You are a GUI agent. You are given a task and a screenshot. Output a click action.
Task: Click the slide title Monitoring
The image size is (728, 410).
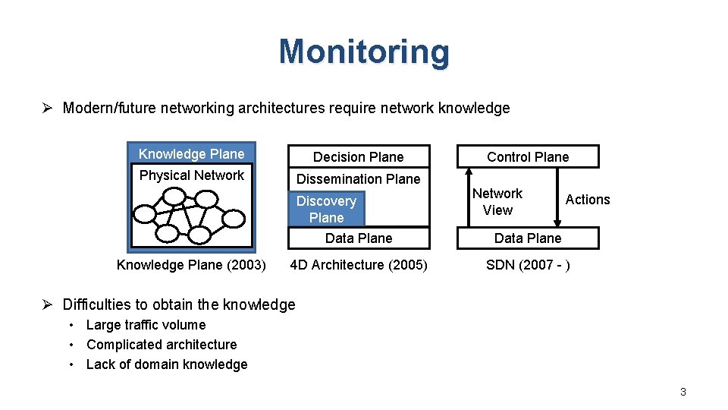[364, 52]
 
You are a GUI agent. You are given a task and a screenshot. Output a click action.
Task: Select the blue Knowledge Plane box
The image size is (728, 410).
[192, 153]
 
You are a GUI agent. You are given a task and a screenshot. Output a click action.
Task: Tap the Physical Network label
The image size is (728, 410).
[192, 175]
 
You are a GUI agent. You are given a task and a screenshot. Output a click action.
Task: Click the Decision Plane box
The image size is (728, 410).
[359, 157]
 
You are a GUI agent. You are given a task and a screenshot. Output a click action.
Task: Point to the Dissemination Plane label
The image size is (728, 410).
[358, 179]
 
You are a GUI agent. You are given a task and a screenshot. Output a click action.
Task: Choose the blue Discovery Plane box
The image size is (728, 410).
[327, 209]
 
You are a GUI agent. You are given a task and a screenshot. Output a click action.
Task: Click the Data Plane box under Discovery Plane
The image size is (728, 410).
[359, 238]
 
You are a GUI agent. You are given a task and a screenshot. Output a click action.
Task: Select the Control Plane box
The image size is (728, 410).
[528, 157]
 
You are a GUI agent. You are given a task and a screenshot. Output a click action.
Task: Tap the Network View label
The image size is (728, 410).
[497, 202]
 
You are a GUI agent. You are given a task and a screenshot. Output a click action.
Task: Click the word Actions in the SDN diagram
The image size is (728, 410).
[588, 200]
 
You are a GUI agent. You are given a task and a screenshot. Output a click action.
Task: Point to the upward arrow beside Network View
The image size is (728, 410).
[469, 197]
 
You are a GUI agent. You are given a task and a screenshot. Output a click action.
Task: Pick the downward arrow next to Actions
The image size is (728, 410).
[557, 197]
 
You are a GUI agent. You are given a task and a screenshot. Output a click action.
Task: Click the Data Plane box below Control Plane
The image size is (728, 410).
[528, 238]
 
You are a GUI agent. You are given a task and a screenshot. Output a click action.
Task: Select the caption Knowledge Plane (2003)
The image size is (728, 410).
[191, 265]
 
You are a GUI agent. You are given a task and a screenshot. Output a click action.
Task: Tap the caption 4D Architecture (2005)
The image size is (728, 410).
[359, 265]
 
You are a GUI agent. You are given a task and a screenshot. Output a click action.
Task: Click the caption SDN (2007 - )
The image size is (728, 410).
[528, 265]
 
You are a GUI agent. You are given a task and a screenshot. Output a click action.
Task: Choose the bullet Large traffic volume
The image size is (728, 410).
[146, 325]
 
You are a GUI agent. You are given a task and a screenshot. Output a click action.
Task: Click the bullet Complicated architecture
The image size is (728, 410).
[162, 345]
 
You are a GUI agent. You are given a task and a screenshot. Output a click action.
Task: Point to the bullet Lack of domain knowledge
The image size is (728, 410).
[167, 364]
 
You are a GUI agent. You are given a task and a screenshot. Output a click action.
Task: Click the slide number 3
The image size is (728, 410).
[682, 392]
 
